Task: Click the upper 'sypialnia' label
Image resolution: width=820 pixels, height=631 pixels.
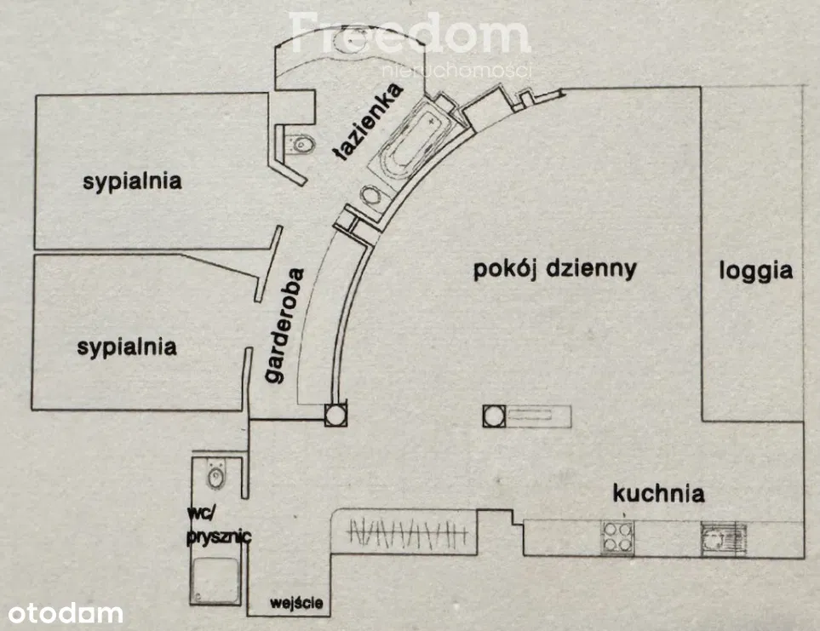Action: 132,181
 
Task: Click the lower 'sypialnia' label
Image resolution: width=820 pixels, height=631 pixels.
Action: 127,347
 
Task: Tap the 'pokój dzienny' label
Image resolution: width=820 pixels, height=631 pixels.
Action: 554,269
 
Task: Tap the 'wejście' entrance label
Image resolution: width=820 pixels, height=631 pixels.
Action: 296,604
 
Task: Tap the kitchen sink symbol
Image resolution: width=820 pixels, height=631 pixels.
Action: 722,536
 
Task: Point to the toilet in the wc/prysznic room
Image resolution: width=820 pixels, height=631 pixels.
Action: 216,474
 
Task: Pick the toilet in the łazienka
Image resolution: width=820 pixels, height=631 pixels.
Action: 299,144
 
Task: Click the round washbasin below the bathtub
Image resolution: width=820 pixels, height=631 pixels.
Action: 372,196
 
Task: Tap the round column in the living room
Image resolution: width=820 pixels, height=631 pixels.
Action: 493,416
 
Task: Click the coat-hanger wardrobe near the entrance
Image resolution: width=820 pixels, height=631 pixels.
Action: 408,533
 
